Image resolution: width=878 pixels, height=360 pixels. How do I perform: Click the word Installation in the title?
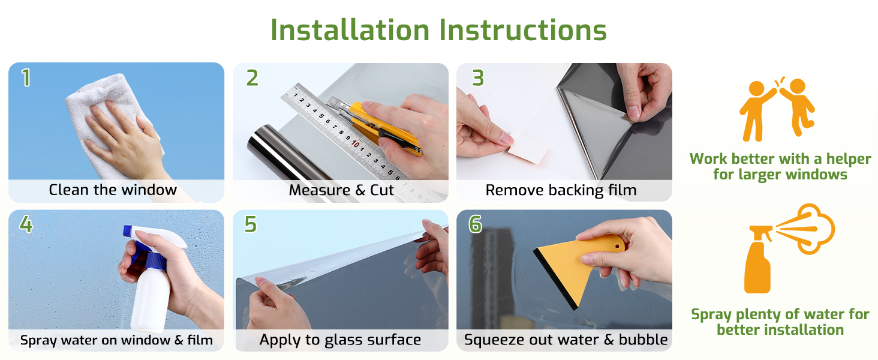point(350,30)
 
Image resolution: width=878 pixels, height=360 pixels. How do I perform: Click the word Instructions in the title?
point(523,30)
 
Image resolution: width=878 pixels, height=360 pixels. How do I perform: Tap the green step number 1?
point(26,77)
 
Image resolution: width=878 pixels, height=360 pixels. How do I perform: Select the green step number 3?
point(478,77)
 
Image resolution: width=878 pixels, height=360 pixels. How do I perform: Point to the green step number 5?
point(251,224)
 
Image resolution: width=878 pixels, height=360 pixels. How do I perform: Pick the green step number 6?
point(475,224)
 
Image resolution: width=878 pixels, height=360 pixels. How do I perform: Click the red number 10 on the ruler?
point(355,144)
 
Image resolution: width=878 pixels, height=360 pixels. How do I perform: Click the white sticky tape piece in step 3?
point(528,148)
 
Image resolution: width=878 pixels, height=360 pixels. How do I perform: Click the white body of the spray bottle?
point(151,298)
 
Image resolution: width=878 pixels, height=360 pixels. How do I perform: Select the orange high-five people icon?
point(777,109)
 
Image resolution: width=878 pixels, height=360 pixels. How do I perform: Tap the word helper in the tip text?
point(849,159)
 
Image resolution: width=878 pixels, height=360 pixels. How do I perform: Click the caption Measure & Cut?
point(341,190)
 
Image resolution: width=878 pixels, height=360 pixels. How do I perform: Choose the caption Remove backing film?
point(561,190)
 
